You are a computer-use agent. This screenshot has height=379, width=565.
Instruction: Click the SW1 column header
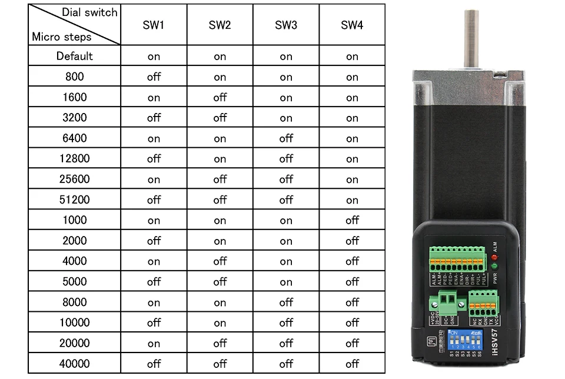154,25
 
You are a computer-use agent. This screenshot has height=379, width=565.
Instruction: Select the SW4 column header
352,25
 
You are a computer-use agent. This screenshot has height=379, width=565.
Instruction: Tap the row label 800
75,77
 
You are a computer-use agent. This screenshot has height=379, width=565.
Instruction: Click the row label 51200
75,200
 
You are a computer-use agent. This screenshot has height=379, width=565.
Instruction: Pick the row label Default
75,56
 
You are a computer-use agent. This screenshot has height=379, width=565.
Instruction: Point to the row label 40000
75,363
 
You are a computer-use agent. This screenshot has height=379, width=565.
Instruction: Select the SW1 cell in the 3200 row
154,118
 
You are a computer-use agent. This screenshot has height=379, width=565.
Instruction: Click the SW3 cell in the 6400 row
286,138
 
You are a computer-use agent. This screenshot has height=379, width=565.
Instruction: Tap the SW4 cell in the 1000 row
352,220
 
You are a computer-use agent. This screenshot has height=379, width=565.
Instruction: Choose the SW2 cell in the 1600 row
220,97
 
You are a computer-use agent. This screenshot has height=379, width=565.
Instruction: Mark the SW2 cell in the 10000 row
220,323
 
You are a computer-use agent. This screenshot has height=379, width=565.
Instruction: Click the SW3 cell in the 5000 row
286,281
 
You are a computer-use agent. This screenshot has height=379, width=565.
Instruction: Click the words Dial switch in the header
89,12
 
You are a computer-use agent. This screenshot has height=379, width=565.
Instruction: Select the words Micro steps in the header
62,36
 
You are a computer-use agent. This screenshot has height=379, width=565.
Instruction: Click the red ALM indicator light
494,258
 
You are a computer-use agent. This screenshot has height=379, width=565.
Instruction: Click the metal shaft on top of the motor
471,38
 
